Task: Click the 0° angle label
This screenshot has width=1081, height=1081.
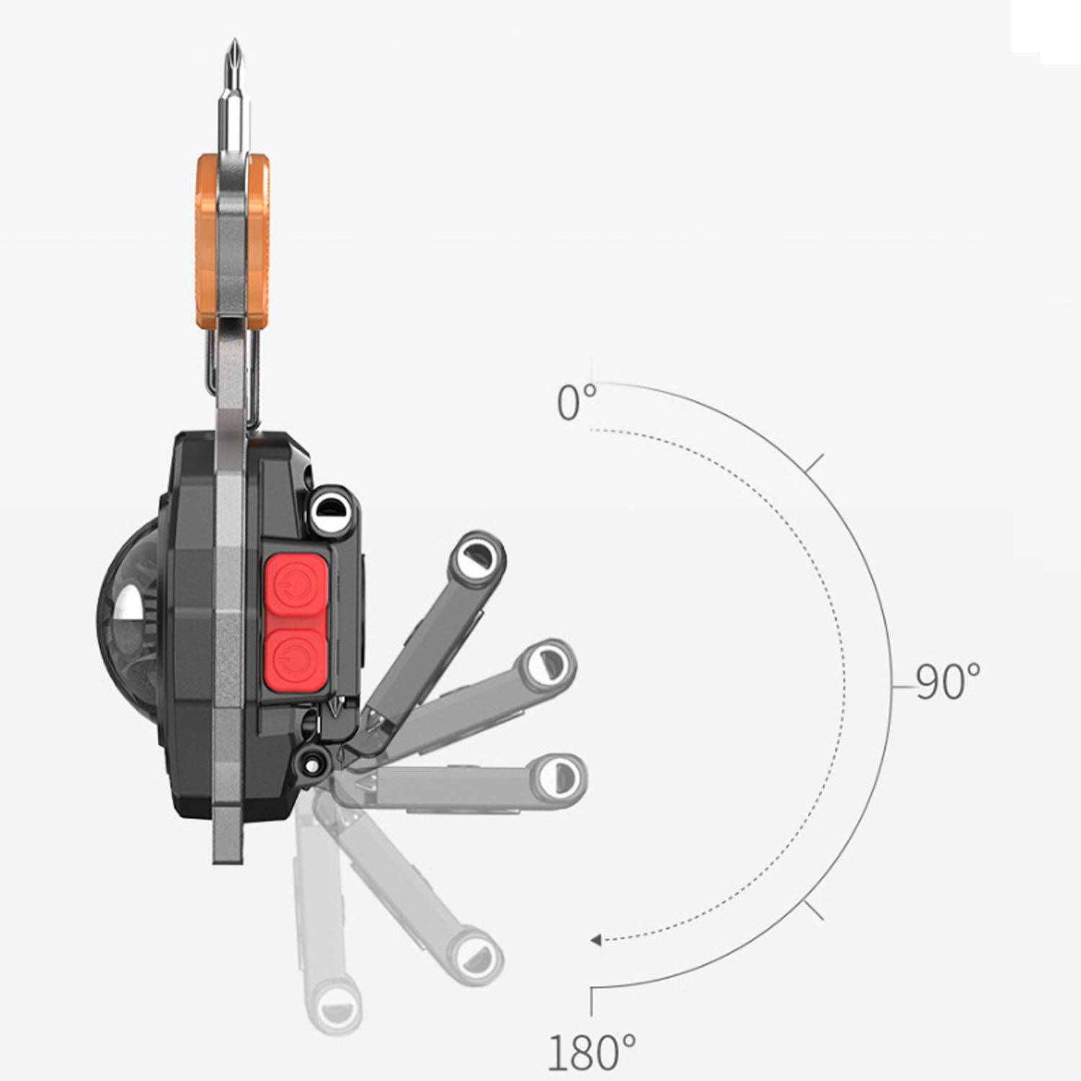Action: (577, 402)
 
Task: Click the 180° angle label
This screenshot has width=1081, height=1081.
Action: (592, 1051)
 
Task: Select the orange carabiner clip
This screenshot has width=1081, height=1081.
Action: (233, 241)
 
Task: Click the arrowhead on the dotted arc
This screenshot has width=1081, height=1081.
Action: (596, 940)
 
